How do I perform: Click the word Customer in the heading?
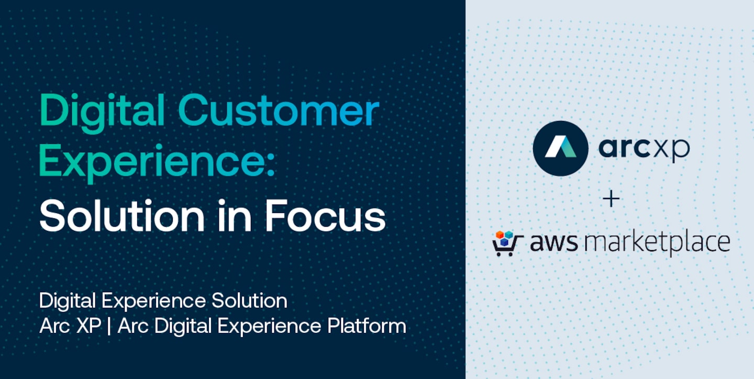tap(279, 112)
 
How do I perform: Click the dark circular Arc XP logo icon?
tap(560, 148)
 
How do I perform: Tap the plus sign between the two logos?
tap(611, 199)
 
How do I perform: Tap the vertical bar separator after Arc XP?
tap(109, 327)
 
